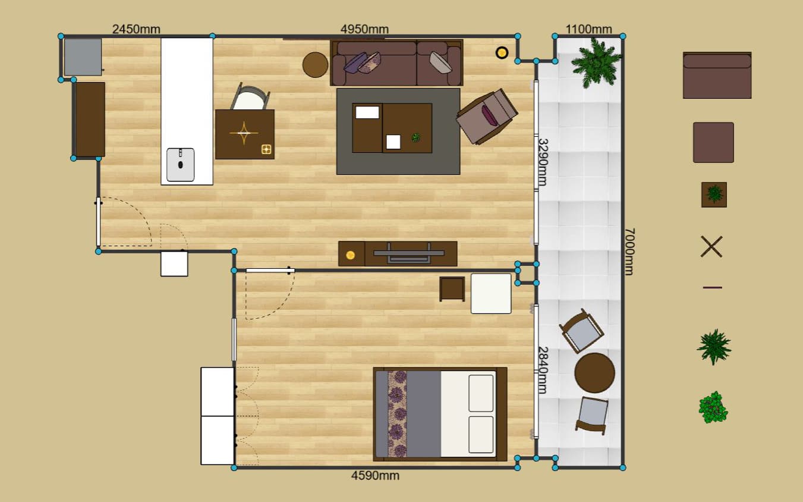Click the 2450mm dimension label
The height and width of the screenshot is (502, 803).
click(x=136, y=29)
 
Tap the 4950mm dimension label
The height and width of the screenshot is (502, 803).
click(x=364, y=29)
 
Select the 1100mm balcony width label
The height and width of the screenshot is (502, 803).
click(x=588, y=29)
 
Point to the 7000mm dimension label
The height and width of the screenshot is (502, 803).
click(x=629, y=252)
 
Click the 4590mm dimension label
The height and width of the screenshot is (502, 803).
click(x=375, y=475)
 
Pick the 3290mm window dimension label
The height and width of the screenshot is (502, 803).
click(x=543, y=162)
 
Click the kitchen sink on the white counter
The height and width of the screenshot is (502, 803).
click(x=180, y=165)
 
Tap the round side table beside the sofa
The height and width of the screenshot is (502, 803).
click(x=315, y=65)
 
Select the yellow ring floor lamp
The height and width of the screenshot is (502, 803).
click(x=502, y=53)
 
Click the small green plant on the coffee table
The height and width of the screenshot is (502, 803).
click(x=416, y=137)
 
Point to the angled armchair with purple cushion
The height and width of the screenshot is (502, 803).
click(x=487, y=116)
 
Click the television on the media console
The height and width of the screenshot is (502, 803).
click(x=409, y=253)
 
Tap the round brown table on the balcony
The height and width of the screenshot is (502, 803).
click(x=594, y=373)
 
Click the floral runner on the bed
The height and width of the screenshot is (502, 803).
click(x=397, y=414)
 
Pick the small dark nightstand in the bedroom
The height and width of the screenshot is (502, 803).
click(x=452, y=289)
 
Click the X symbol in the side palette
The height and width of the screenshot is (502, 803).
click(x=711, y=246)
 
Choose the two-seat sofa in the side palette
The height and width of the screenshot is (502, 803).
click(x=717, y=75)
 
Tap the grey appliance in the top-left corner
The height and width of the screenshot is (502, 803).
click(x=83, y=57)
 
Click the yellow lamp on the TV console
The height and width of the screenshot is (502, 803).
click(x=351, y=255)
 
